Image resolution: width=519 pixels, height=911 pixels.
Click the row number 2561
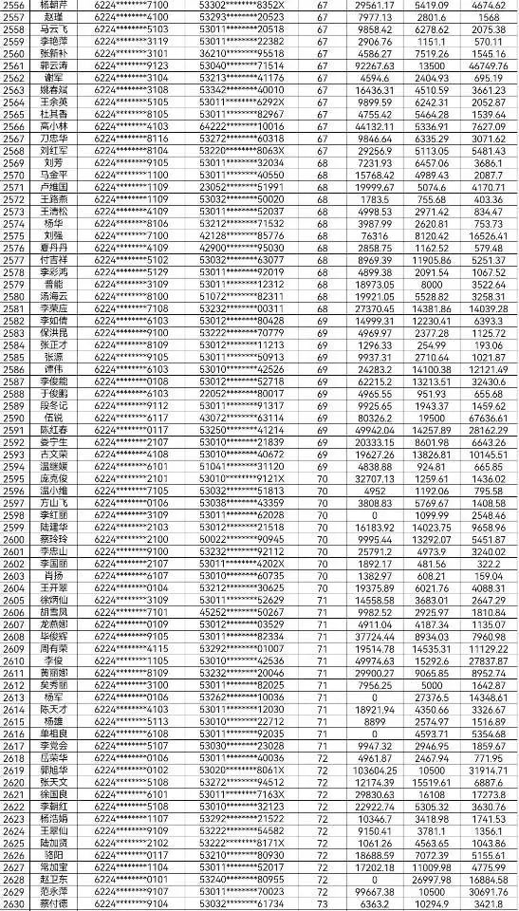pos(13,65)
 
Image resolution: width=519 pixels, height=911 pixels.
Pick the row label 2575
pos(13,235)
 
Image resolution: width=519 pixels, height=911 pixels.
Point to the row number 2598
pos(13,515)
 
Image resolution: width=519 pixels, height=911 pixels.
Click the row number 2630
pos(13,903)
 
